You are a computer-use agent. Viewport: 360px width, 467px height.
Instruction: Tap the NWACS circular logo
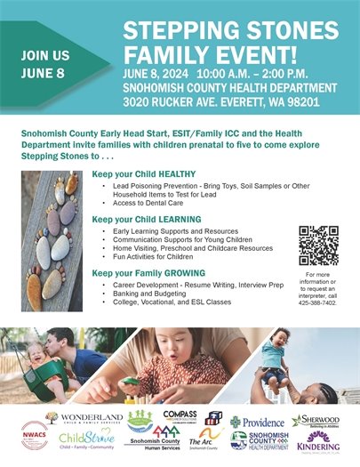point(35,435)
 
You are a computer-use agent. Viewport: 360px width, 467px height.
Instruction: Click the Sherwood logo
point(316,421)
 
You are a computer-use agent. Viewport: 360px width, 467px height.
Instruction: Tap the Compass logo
point(180,416)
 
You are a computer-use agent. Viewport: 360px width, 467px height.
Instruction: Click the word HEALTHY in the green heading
point(174,176)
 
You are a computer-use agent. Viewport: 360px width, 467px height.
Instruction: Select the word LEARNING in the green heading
point(176,219)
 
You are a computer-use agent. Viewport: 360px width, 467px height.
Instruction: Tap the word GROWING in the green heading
point(180,272)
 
